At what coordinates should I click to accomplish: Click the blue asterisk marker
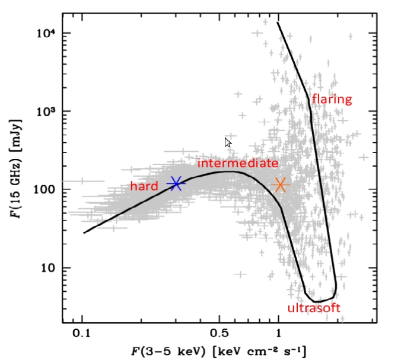click(x=176, y=184)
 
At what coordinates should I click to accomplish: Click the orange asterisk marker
click(x=281, y=185)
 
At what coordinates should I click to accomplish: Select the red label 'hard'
click(x=144, y=186)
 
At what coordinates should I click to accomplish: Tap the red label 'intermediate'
click(x=237, y=163)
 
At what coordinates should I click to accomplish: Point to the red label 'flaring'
click(x=332, y=99)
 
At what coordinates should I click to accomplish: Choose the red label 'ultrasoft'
click(x=314, y=308)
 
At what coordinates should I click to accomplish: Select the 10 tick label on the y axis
click(x=47, y=268)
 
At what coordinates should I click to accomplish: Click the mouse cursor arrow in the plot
click(x=228, y=142)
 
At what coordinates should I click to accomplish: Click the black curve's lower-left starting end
click(x=84, y=233)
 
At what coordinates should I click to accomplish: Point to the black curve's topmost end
click(x=278, y=23)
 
